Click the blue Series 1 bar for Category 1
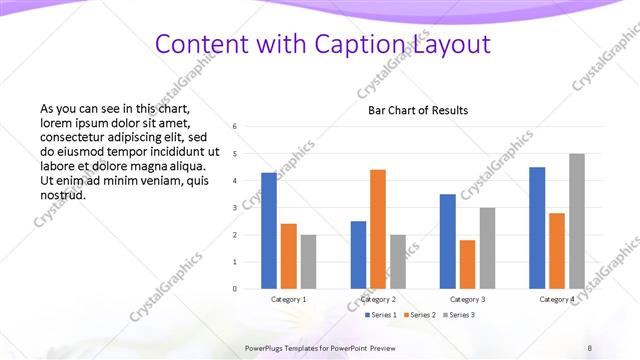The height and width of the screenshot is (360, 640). [x=269, y=231]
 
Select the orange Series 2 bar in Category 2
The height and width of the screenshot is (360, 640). [x=378, y=229]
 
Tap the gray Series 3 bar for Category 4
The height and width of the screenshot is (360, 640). [x=577, y=221]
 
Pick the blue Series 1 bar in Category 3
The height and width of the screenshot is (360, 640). [x=447, y=241]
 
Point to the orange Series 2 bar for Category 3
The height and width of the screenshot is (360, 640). [x=467, y=264]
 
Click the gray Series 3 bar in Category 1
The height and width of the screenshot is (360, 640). [x=309, y=261]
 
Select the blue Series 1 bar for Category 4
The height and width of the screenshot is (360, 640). [x=537, y=228]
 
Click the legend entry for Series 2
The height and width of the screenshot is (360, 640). [x=421, y=316]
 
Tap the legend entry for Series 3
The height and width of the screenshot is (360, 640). [x=460, y=316]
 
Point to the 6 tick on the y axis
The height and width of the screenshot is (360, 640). [x=234, y=127]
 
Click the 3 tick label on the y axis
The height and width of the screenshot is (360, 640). [x=234, y=208]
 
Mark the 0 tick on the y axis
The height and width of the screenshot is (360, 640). [x=234, y=289]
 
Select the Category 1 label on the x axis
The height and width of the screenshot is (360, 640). [x=289, y=299]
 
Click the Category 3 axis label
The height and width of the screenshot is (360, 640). [x=467, y=299]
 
